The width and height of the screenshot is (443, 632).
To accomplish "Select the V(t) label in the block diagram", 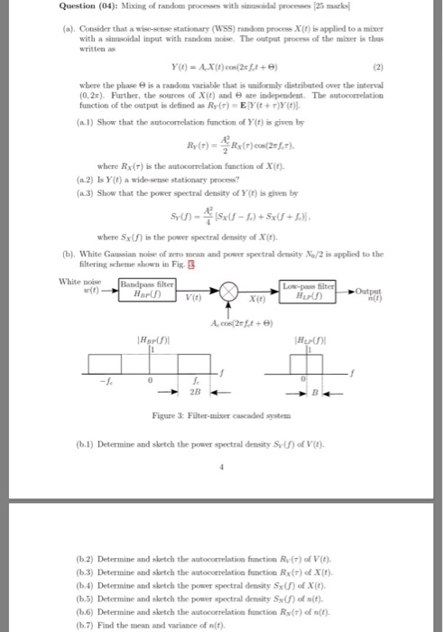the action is (193, 299).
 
